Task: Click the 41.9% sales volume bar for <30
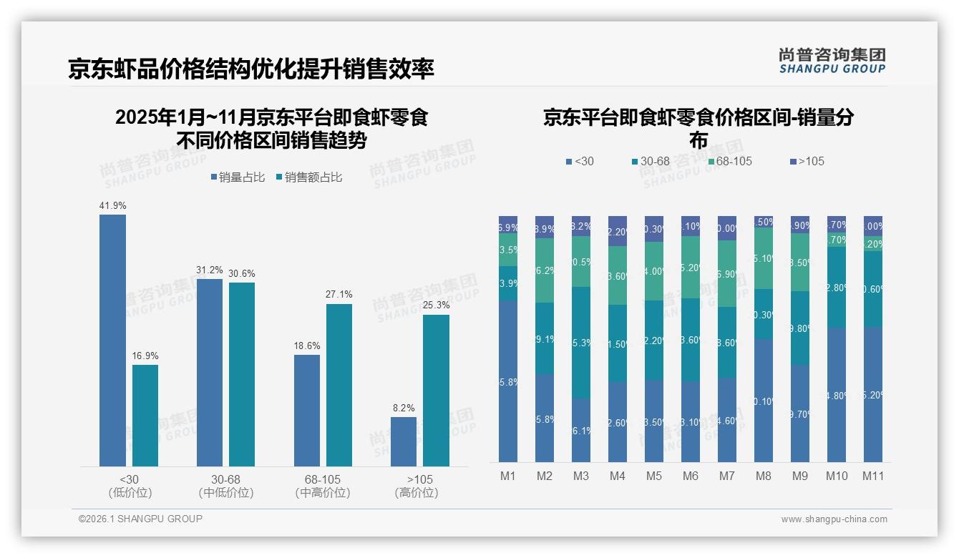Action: [x=112, y=341]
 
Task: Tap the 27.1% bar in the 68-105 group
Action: [x=339, y=385]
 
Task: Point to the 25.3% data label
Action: [x=436, y=305]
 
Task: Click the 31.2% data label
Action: [x=210, y=270]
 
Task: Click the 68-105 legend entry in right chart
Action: [x=731, y=161]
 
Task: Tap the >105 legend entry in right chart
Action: [x=807, y=161]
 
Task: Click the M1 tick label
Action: [x=508, y=476]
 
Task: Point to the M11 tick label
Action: [x=872, y=476]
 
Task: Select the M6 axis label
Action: [x=691, y=476]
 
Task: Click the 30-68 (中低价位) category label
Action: [x=226, y=486]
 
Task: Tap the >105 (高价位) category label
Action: [x=417, y=486]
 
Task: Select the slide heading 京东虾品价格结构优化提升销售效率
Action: [x=251, y=69]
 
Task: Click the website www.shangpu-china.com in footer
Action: [x=834, y=519]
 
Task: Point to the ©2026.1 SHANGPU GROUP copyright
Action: [x=140, y=519]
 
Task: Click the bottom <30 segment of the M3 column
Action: [x=581, y=430]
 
